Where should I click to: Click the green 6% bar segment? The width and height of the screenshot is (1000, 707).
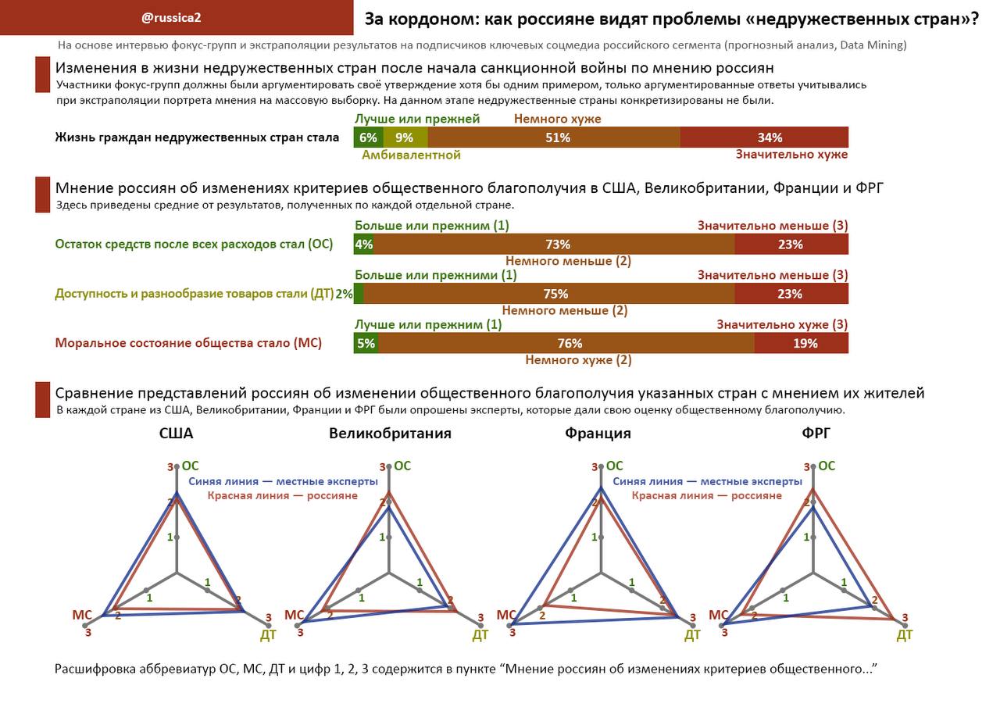[368, 137]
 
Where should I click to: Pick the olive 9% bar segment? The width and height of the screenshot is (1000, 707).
[405, 137]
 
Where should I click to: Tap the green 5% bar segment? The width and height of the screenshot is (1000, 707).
[366, 343]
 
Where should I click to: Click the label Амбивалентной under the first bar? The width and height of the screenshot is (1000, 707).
[411, 155]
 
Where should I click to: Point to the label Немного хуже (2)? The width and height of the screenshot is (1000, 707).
[578, 360]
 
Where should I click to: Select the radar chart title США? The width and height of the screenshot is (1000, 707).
[176, 434]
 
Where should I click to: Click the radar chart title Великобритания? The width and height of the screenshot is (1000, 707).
[390, 434]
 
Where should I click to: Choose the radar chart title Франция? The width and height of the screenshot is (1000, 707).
[598, 434]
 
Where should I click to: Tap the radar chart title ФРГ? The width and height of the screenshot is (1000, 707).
[816, 434]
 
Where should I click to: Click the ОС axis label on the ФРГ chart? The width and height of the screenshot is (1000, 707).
[826, 466]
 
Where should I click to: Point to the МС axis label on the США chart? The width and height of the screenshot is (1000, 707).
[82, 616]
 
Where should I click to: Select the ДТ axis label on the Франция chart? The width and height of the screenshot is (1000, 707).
[692, 635]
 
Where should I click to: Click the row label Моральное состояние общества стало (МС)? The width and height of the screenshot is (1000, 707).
[188, 343]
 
